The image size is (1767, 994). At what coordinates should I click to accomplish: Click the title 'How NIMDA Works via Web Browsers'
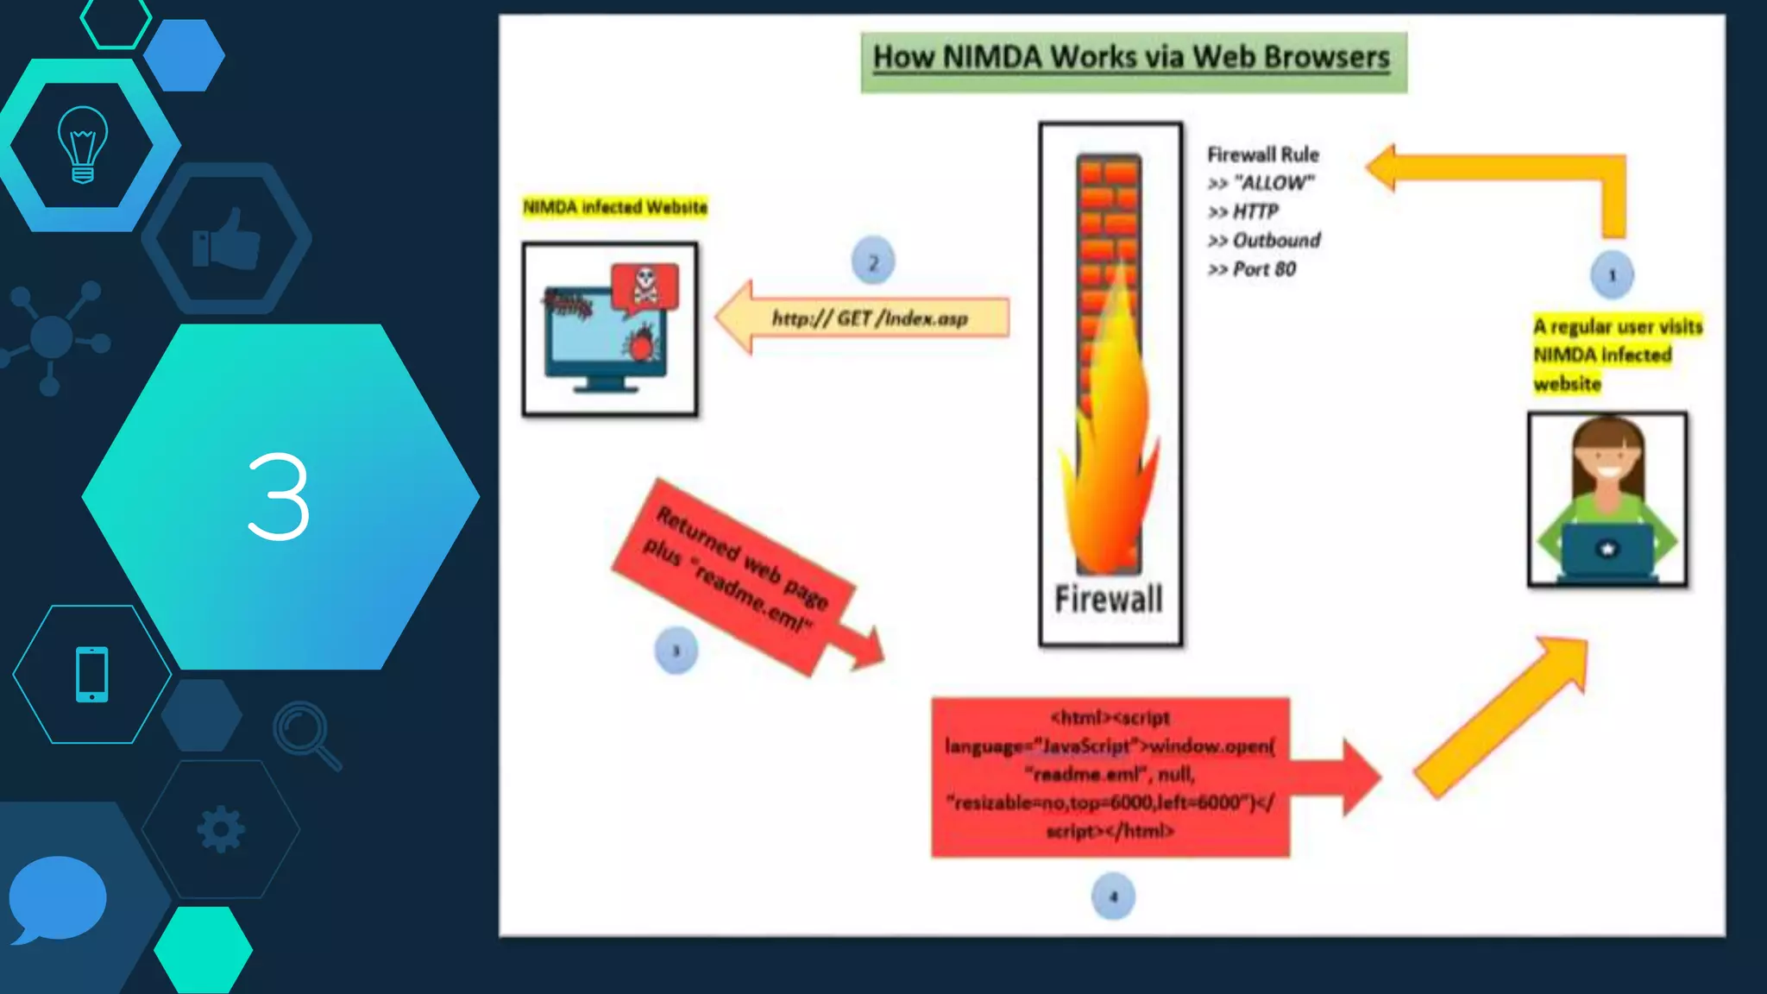pos(1132,59)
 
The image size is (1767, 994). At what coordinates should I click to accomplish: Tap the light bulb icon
pos(83,144)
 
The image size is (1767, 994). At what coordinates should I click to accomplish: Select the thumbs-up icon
pos(226,239)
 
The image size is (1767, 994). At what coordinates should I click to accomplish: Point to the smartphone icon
pos(91,674)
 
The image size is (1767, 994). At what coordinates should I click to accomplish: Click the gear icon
pos(221,829)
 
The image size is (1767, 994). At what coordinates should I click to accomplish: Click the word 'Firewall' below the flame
pos(1109,599)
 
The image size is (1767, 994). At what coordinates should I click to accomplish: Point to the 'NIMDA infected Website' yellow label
pos(614,207)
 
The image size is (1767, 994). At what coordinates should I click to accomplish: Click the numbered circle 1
pos(1612,275)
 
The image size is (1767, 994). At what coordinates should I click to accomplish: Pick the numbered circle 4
pos(1113,896)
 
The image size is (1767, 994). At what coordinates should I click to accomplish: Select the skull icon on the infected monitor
pos(645,285)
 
